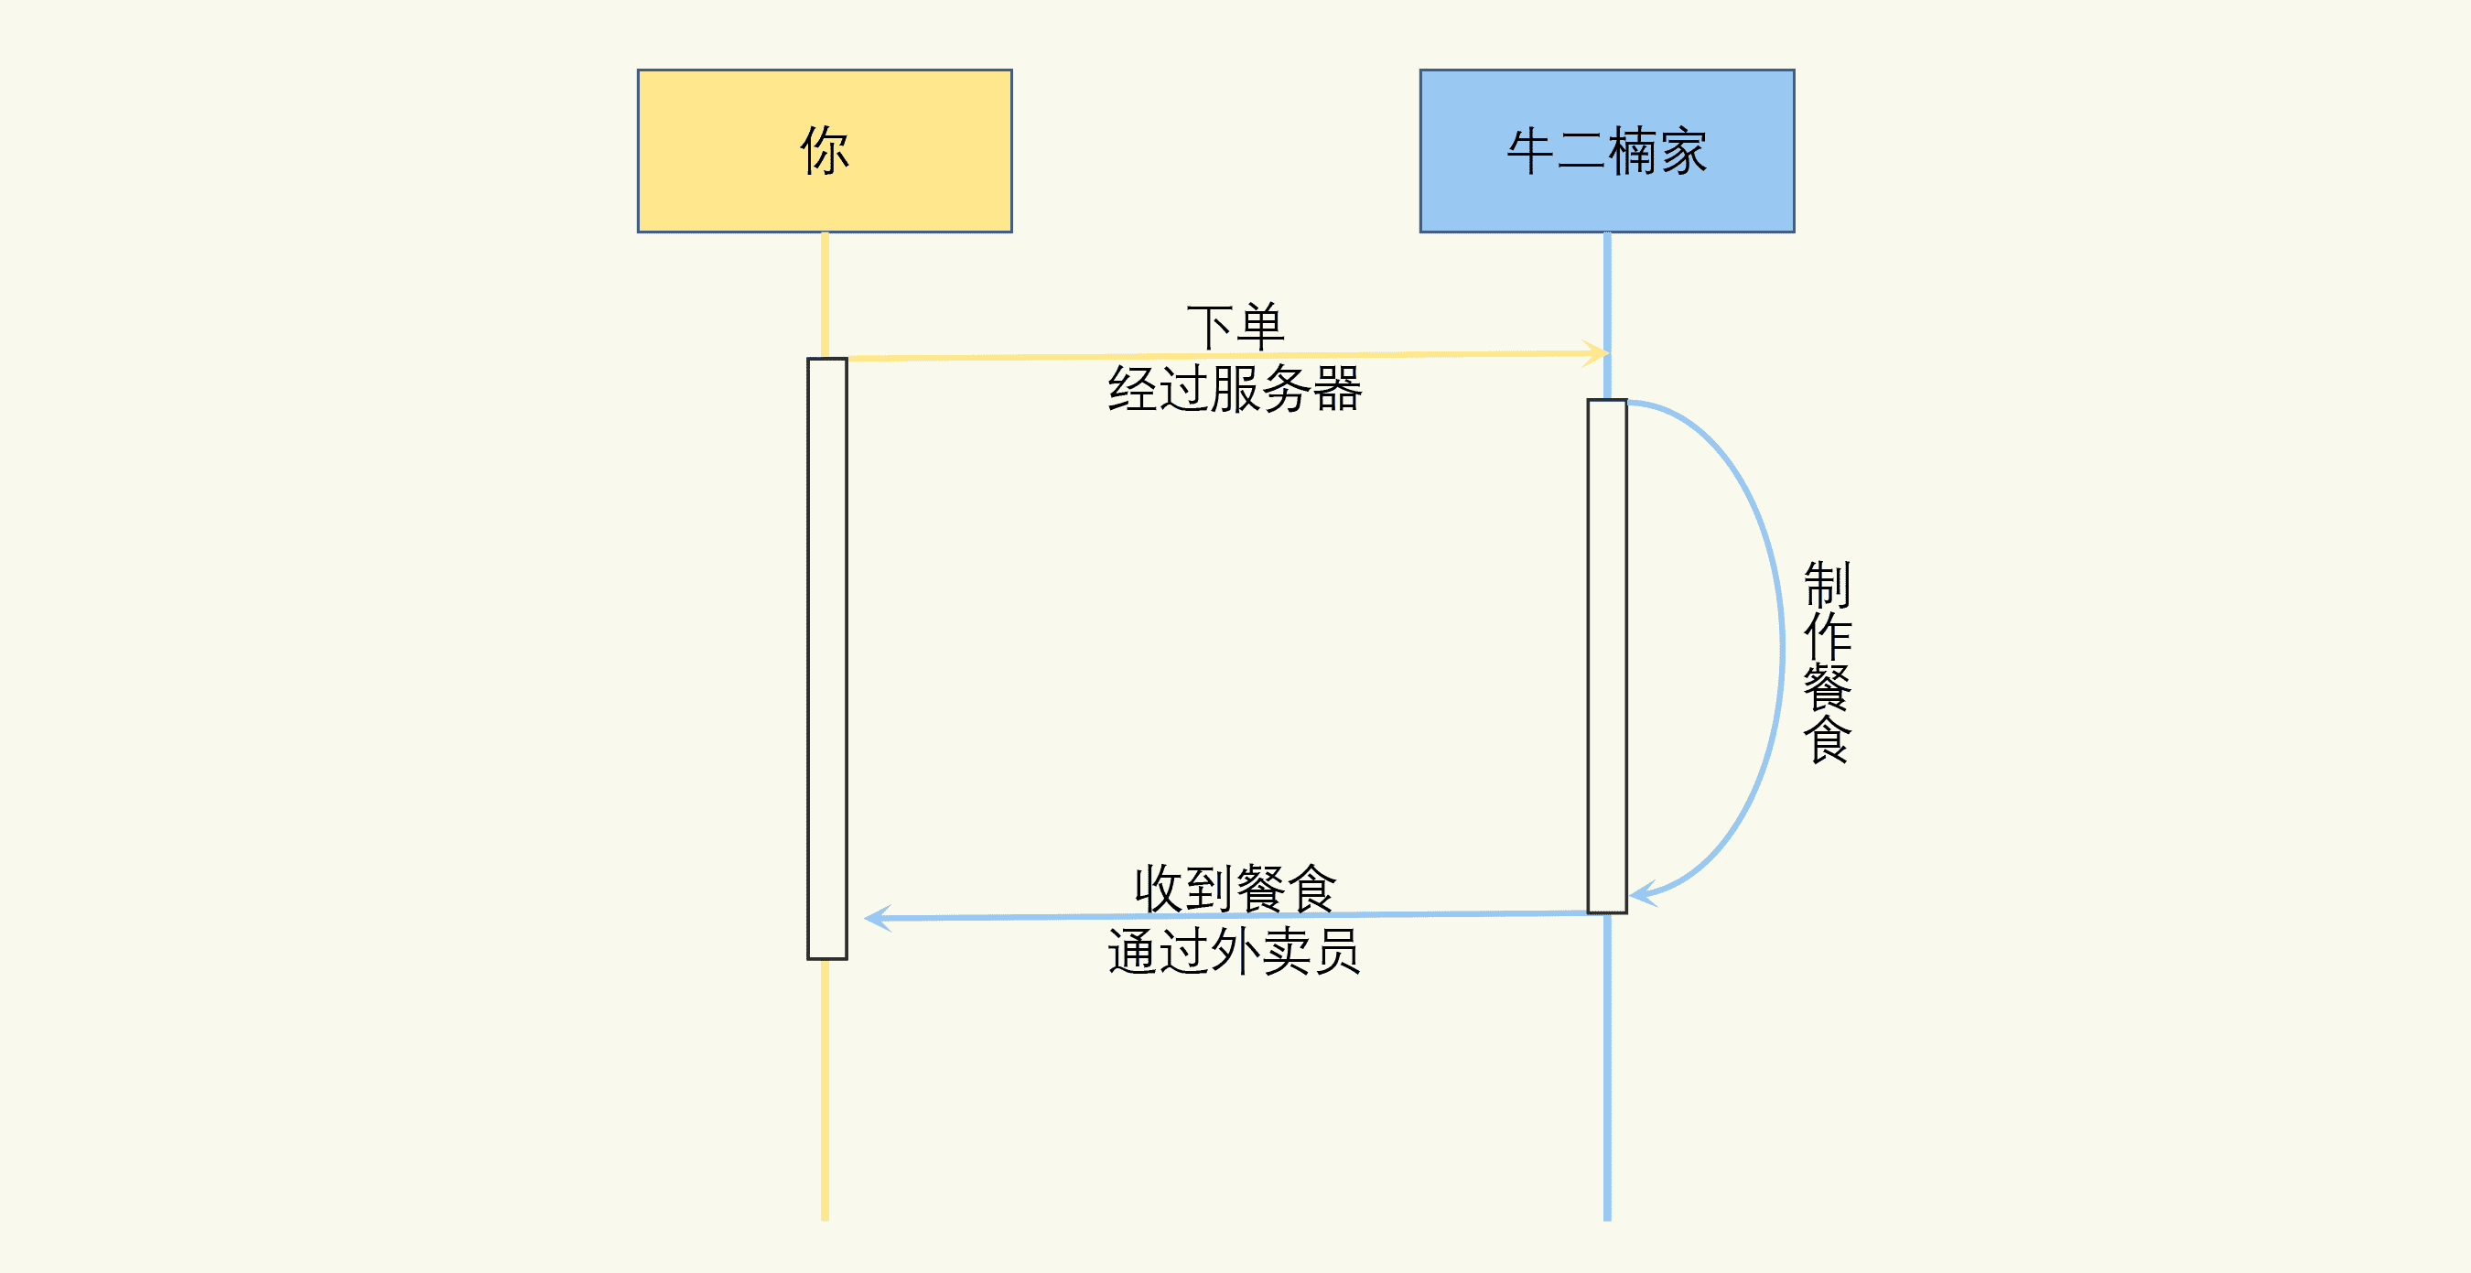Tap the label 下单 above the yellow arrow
(x=1235, y=326)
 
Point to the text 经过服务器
(x=1235, y=390)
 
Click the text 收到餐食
(x=1235, y=888)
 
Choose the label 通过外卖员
(x=1235, y=952)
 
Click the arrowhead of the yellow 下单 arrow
(x=1599, y=353)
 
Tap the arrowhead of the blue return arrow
(x=875, y=918)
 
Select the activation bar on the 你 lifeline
(x=826, y=658)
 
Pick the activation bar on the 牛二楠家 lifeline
(x=1607, y=656)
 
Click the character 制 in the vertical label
(x=1828, y=584)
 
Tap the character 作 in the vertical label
(x=1828, y=636)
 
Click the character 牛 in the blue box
(x=1531, y=152)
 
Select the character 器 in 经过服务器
(x=1337, y=390)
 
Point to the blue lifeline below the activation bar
(x=1607, y=1065)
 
